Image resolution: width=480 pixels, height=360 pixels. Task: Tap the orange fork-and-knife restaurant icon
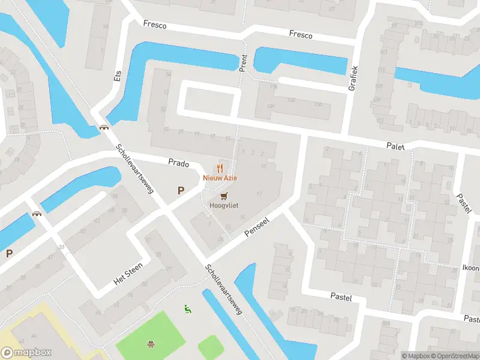220,169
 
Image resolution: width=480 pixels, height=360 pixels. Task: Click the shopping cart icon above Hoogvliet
224,196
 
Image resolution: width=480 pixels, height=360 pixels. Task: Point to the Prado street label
179,163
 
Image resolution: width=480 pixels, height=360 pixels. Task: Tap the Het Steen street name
128,274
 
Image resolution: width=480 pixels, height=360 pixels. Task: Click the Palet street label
396,146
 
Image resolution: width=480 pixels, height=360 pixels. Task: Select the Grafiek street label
353,77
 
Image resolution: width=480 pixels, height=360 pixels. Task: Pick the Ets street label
118,74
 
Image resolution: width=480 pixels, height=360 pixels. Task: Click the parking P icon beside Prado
180,190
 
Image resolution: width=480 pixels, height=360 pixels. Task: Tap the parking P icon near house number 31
9,253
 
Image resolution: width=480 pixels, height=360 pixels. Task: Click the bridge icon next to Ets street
104,127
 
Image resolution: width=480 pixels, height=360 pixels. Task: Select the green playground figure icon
187,309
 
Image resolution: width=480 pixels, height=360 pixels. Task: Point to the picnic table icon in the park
150,344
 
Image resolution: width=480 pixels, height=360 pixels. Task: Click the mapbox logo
26,353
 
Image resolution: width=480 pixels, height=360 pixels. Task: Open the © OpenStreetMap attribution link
454,356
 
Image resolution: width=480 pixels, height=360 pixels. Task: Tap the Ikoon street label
470,268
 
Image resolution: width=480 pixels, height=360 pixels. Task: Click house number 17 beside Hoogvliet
259,194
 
